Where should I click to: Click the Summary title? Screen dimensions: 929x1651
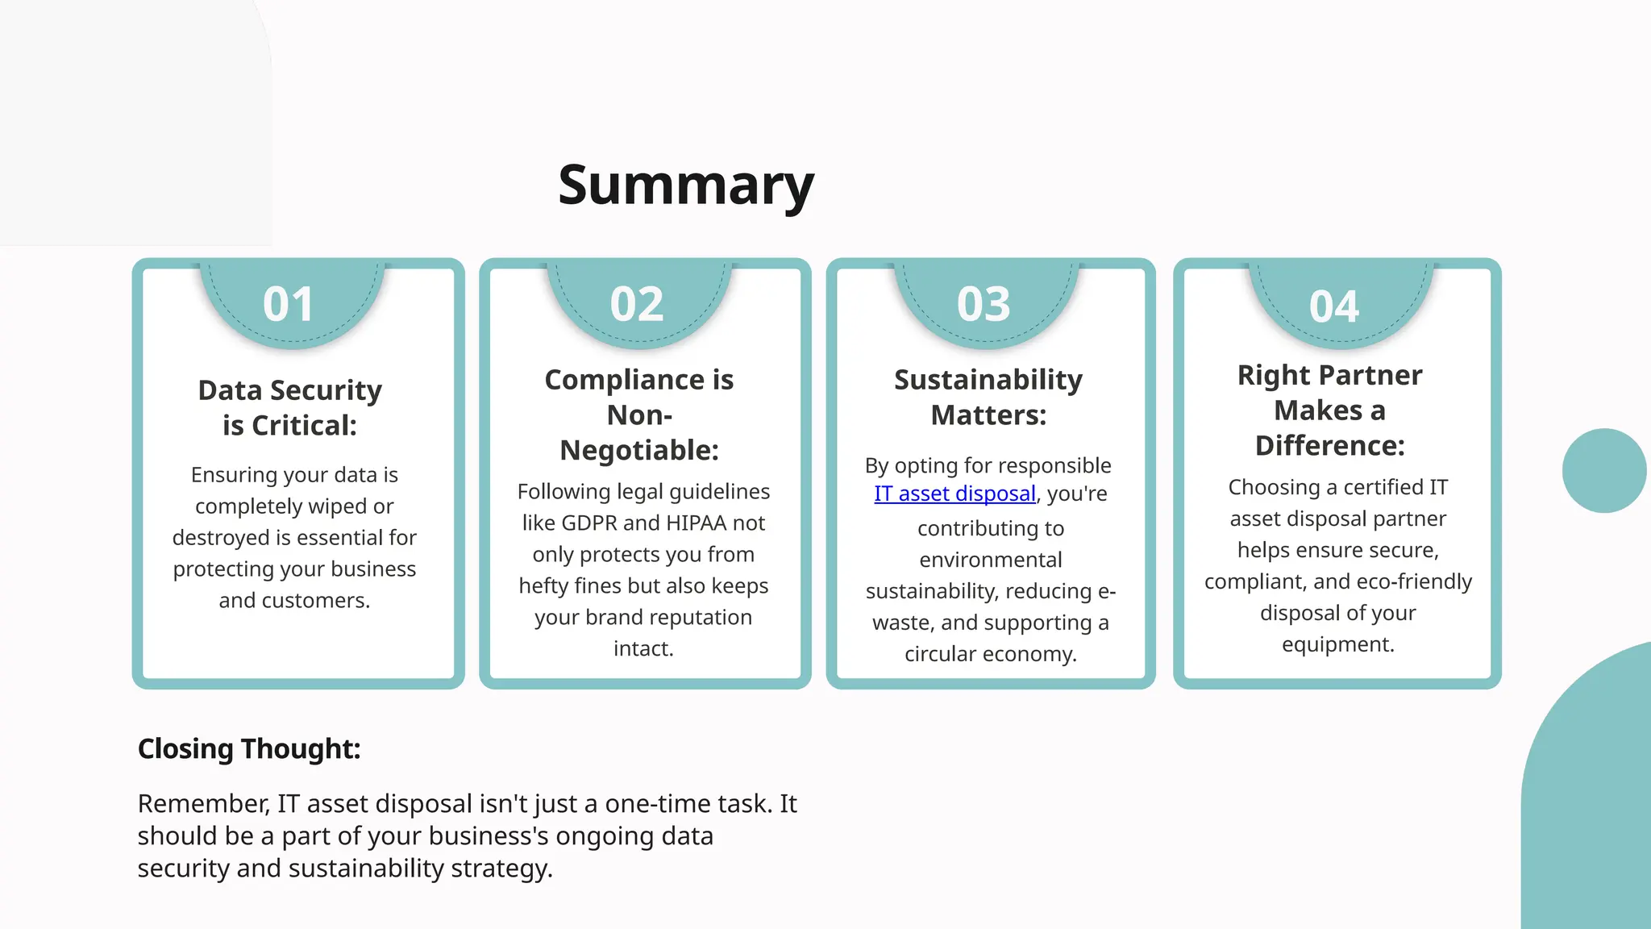tap(686, 185)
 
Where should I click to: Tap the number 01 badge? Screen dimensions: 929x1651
tap(288, 305)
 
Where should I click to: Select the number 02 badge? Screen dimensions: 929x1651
tap(637, 305)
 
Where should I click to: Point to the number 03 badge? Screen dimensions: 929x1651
tap(984, 305)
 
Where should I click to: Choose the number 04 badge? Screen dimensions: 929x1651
tap(1334, 307)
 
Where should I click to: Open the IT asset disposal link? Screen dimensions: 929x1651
tap(954, 494)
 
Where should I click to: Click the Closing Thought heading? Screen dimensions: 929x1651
tap(249, 749)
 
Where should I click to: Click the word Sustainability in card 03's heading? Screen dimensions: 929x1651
tap(988, 380)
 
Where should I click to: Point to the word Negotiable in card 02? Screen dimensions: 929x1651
tap(638, 450)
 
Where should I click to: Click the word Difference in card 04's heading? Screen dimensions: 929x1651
tap(1329, 446)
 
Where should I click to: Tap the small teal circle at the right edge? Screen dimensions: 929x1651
tap(1603, 471)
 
